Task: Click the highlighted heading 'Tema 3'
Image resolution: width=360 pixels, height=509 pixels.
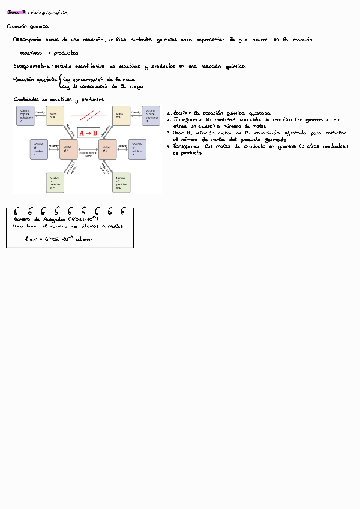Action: (x=14, y=12)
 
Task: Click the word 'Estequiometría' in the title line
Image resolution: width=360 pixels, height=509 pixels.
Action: (x=49, y=12)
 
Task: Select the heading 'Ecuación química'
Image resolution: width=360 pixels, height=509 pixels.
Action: (x=28, y=26)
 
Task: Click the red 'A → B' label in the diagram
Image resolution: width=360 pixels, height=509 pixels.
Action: (x=88, y=133)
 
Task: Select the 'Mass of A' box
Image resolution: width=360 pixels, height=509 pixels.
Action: (x=55, y=115)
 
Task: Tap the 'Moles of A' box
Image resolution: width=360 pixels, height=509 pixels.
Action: (x=68, y=148)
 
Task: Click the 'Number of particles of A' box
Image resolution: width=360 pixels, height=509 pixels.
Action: (x=55, y=182)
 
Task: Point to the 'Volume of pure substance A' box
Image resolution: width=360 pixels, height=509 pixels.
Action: (x=26, y=115)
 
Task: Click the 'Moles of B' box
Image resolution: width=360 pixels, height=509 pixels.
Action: (x=107, y=148)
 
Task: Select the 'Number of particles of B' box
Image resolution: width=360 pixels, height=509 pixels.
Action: (x=122, y=182)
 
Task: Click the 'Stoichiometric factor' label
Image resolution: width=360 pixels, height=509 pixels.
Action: (x=88, y=154)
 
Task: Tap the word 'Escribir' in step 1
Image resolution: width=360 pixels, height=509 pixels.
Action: (x=184, y=113)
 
